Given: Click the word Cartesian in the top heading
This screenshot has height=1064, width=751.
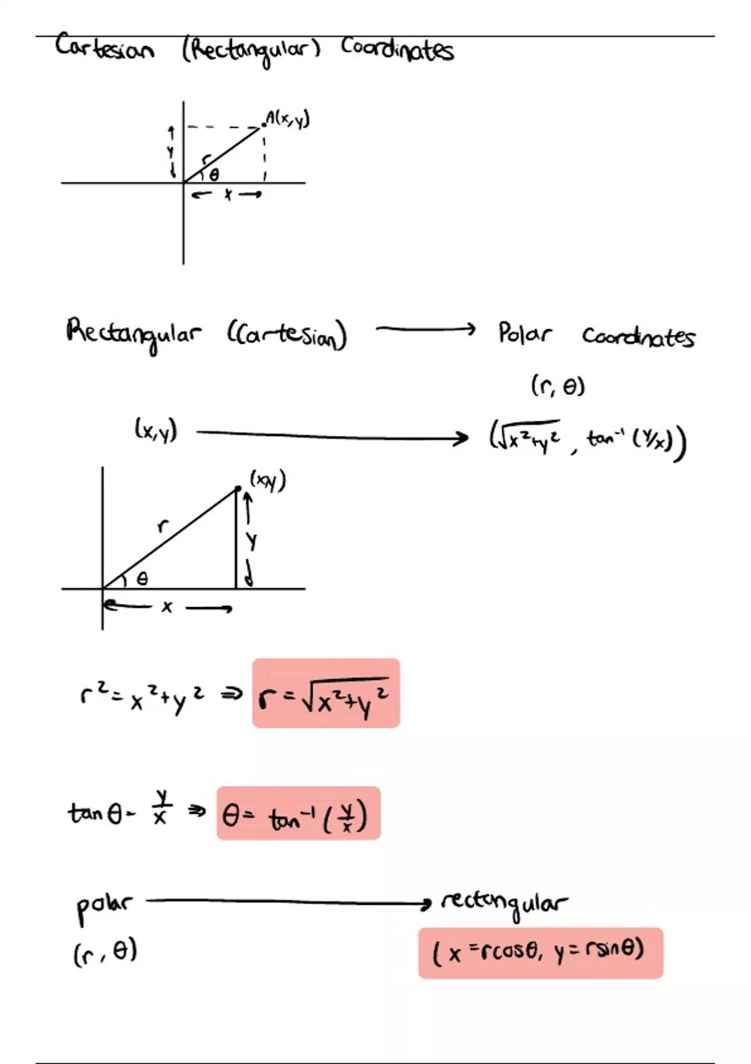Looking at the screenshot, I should tap(104, 48).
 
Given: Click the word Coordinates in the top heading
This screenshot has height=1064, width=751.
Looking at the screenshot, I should tap(397, 49).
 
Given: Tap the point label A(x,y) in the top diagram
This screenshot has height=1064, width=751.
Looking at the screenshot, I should tap(287, 118).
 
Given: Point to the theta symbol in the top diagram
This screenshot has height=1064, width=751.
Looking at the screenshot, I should tap(214, 175).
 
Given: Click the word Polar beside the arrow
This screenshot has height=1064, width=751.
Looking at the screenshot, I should tap(524, 334).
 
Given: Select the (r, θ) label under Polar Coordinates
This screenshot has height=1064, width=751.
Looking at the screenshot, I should tap(558, 386).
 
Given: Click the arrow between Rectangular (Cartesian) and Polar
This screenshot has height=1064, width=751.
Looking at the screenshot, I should tap(426, 329).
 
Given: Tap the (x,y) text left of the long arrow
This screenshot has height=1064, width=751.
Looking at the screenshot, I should tap(156, 430).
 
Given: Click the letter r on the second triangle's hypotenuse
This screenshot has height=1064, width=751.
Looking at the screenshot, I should tap(162, 526).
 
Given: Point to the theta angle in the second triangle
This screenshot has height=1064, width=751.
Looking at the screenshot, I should tap(142, 580).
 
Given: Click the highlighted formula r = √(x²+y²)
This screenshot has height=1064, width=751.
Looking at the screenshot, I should tap(325, 693).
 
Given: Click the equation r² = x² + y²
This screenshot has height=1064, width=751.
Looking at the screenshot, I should tap(143, 696).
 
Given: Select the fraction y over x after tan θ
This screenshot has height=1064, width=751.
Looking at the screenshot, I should tap(161, 807).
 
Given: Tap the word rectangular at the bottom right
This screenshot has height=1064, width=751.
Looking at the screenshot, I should tap(504, 903).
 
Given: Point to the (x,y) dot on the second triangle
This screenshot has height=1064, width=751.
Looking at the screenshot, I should tap(238, 488).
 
